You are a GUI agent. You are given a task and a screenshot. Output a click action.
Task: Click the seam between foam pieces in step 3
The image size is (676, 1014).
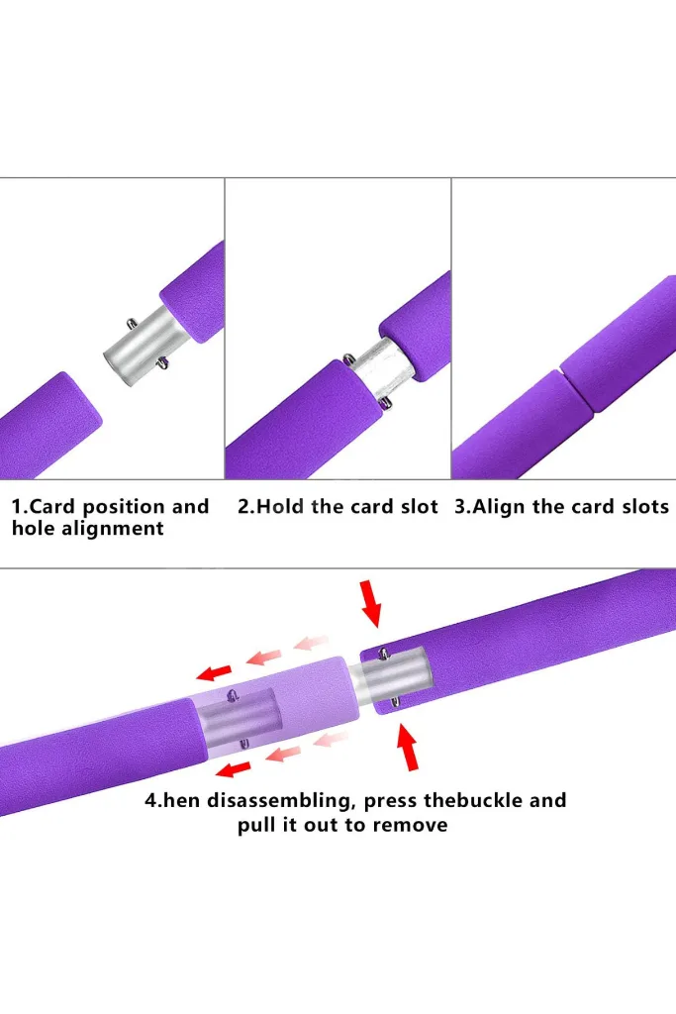(x=574, y=388)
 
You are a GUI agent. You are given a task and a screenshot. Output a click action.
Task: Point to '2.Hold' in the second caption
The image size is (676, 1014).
(x=271, y=506)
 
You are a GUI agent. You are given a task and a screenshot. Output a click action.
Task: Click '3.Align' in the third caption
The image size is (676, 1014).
(x=490, y=507)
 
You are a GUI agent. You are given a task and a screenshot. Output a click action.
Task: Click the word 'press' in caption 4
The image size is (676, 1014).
(x=391, y=802)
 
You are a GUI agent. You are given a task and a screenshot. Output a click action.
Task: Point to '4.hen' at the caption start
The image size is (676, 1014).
(x=172, y=800)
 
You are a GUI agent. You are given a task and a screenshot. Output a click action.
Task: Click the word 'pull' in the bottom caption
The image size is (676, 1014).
(x=255, y=826)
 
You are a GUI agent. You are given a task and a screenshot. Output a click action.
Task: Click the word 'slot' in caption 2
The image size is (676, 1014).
(x=420, y=506)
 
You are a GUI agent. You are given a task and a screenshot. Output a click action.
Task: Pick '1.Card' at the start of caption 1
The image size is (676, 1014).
(x=44, y=506)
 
